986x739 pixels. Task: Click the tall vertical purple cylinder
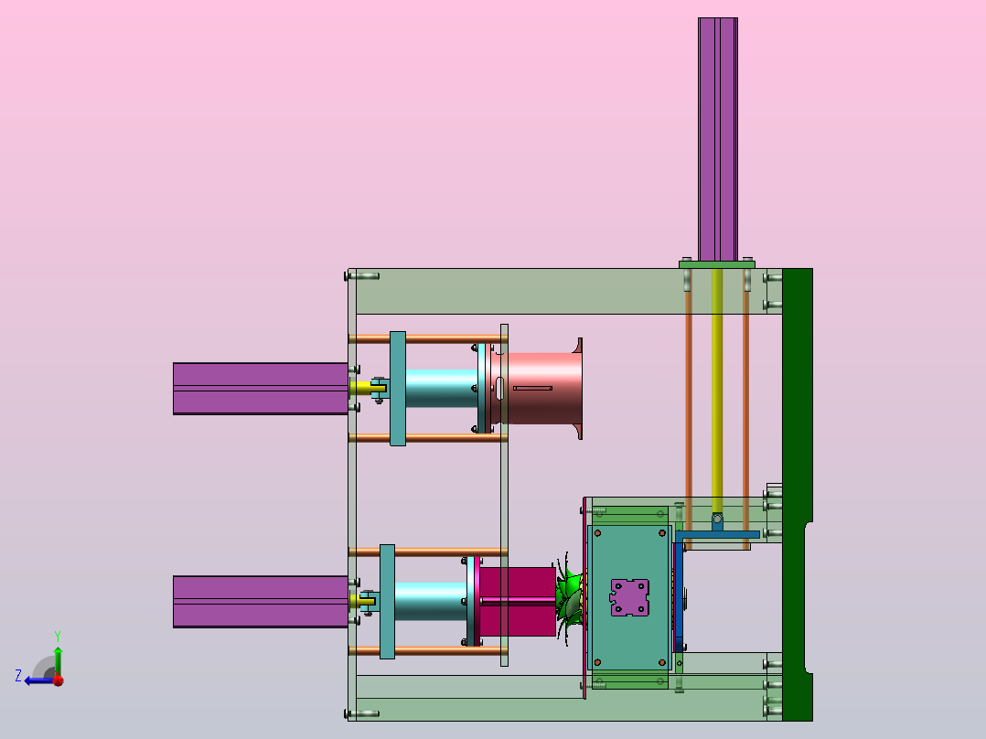717,139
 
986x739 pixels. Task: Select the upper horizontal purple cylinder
261,389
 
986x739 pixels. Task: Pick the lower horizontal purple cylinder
261,601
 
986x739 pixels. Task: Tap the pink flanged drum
540,388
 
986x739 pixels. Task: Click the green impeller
570,601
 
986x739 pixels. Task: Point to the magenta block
518,602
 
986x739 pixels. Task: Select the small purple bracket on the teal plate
629,597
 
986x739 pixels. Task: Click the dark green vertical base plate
798,495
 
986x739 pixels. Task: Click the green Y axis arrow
58,660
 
